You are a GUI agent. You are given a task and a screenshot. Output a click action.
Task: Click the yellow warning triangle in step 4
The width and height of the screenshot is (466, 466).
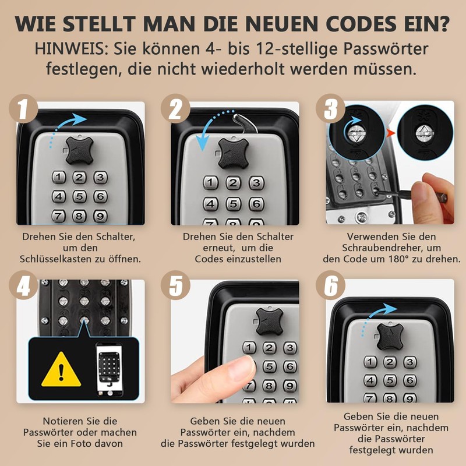[61, 369]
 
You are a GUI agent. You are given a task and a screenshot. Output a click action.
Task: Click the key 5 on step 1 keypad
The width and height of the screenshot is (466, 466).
[79, 196]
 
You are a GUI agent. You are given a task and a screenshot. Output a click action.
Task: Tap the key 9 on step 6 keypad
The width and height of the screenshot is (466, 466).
[409, 398]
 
